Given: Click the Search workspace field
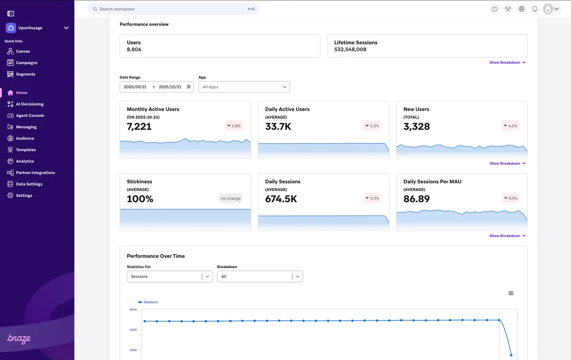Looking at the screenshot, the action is [174, 9].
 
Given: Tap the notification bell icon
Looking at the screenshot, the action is [535, 9].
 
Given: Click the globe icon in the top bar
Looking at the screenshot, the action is [521, 9].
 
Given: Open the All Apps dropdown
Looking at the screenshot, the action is [244, 87].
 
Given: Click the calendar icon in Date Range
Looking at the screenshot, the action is [189, 87].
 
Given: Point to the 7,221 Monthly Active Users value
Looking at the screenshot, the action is [139, 126].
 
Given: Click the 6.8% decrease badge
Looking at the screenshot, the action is [234, 126].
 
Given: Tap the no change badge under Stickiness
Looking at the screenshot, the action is [231, 199].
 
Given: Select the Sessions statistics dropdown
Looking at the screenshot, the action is [170, 277].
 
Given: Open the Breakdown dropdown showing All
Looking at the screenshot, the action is [260, 277].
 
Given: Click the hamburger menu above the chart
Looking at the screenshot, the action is [511, 293].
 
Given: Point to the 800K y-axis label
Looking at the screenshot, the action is [133, 310].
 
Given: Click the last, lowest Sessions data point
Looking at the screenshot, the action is [511, 355].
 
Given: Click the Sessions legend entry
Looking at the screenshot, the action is [148, 302].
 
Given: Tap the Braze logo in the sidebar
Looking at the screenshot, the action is [19, 339].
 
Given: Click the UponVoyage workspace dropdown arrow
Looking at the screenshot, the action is [66, 28].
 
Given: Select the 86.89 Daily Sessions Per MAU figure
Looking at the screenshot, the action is [417, 199].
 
